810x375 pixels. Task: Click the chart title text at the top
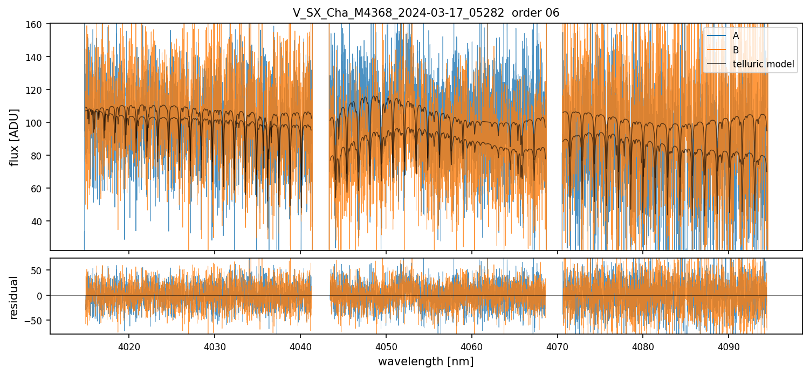pos(425,13)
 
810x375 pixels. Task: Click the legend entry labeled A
pos(736,36)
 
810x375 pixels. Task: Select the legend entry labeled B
pos(736,50)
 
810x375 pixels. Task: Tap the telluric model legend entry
pos(763,64)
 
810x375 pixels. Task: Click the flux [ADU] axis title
pos(15,137)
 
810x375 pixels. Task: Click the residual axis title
pos(15,297)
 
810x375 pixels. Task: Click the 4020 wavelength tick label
pos(129,346)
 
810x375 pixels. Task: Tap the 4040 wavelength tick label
pos(300,346)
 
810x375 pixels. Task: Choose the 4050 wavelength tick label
pos(386,346)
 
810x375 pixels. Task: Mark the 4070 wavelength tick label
pos(558,346)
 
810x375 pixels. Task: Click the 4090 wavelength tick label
pos(729,346)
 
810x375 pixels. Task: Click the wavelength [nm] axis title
pos(425,362)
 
